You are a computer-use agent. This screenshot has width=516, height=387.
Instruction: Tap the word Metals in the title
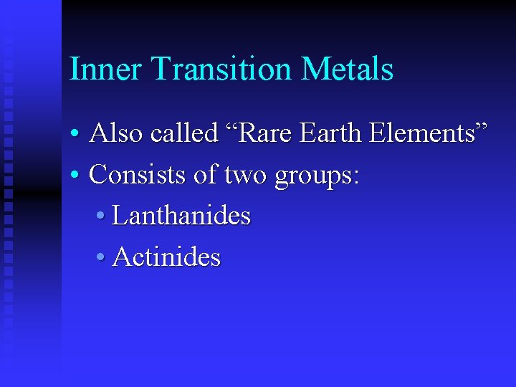[348, 70]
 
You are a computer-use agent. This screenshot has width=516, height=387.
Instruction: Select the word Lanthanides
[181, 216]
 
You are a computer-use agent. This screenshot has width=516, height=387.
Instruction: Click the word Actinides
[166, 257]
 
